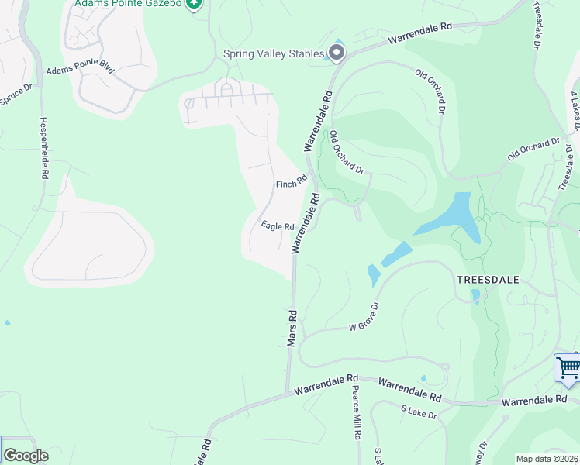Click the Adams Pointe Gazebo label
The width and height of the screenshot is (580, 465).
point(128,4)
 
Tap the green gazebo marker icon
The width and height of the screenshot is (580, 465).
point(195,3)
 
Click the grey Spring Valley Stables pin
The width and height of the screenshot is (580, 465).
point(337,53)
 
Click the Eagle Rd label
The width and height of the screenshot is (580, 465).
point(278,226)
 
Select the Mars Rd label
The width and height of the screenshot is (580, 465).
point(292,329)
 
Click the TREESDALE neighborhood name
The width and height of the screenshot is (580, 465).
point(487,278)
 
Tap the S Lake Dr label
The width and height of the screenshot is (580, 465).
point(419,412)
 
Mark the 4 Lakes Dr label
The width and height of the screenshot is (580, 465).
point(575,108)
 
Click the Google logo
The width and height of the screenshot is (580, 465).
point(26,455)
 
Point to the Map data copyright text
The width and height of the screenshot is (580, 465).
point(547,459)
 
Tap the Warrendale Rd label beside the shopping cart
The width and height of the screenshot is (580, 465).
point(534,401)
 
